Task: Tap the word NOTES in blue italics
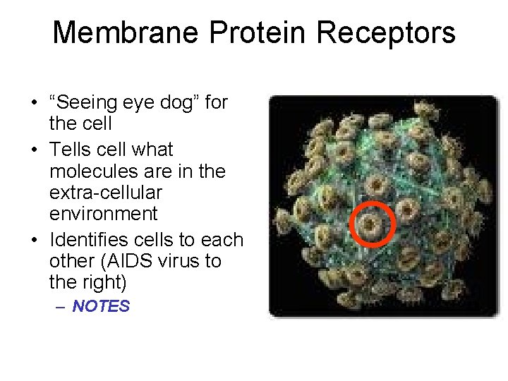point(101,306)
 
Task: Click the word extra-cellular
point(106,192)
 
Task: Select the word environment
point(103,213)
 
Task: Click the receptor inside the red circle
point(371,226)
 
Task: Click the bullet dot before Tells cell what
point(34,150)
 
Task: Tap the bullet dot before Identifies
point(34,241)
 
